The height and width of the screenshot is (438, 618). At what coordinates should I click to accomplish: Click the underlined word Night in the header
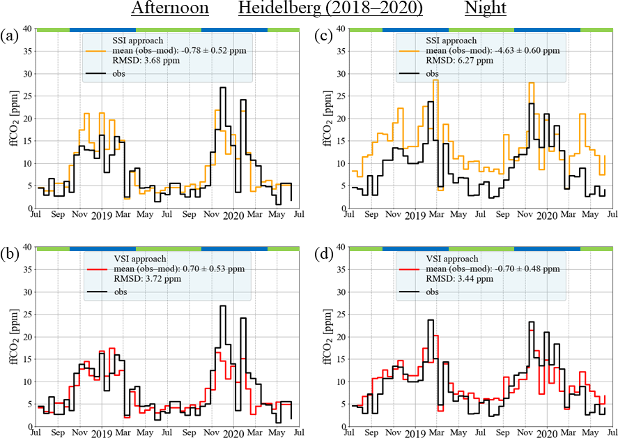[486, 10]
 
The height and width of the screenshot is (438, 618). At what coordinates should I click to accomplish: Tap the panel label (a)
[10, 34]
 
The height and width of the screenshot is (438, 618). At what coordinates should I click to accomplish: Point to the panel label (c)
[322, 34]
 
